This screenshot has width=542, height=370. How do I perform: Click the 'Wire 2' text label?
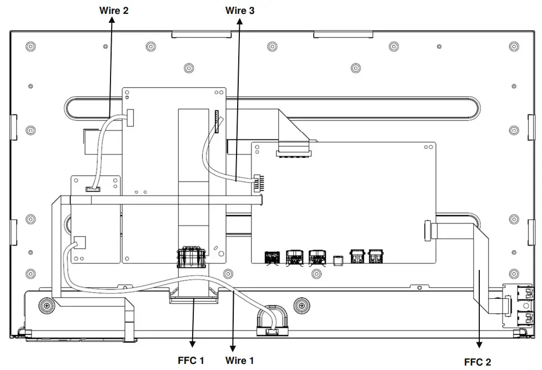pyautogui.click(x=114, y=10)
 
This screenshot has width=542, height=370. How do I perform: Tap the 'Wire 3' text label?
pyautogui.click(x=240, y=10)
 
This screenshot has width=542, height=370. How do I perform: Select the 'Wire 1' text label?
pyautogui.click(x=240, y=361)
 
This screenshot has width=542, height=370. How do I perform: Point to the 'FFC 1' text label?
pyautogui.click(x=191, y=361)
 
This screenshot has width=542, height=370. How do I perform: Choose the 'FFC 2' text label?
pyautogui.click(x=478, y=362)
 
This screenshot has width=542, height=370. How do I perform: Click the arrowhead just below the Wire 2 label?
pyautogui.click(x=113, y=21)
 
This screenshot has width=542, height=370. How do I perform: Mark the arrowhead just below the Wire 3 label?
pyautogui.click(x=240, y=21)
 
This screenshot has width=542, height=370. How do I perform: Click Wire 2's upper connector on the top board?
pyautogui.click(x=131, y=117)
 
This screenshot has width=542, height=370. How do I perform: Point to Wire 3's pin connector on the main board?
pyautogui.click(x=258, y=182)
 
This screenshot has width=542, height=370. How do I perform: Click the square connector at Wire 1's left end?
pyautogui.click(x=79, y=242)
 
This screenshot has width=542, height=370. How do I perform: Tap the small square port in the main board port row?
pyautogui.click(x=337, y=261)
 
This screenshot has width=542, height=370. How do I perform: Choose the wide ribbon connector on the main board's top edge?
pyautogui.click(x=294, y=148)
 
